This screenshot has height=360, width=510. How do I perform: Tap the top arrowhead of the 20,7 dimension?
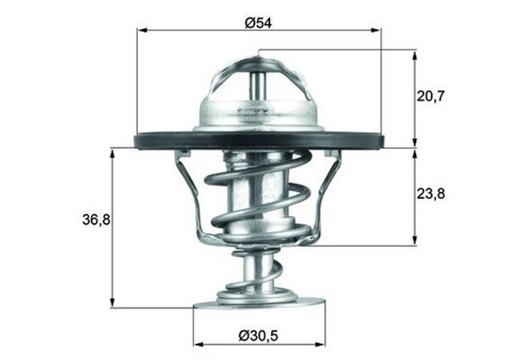[414, 54]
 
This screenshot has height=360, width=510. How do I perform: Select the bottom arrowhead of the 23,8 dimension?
[414, 241]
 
